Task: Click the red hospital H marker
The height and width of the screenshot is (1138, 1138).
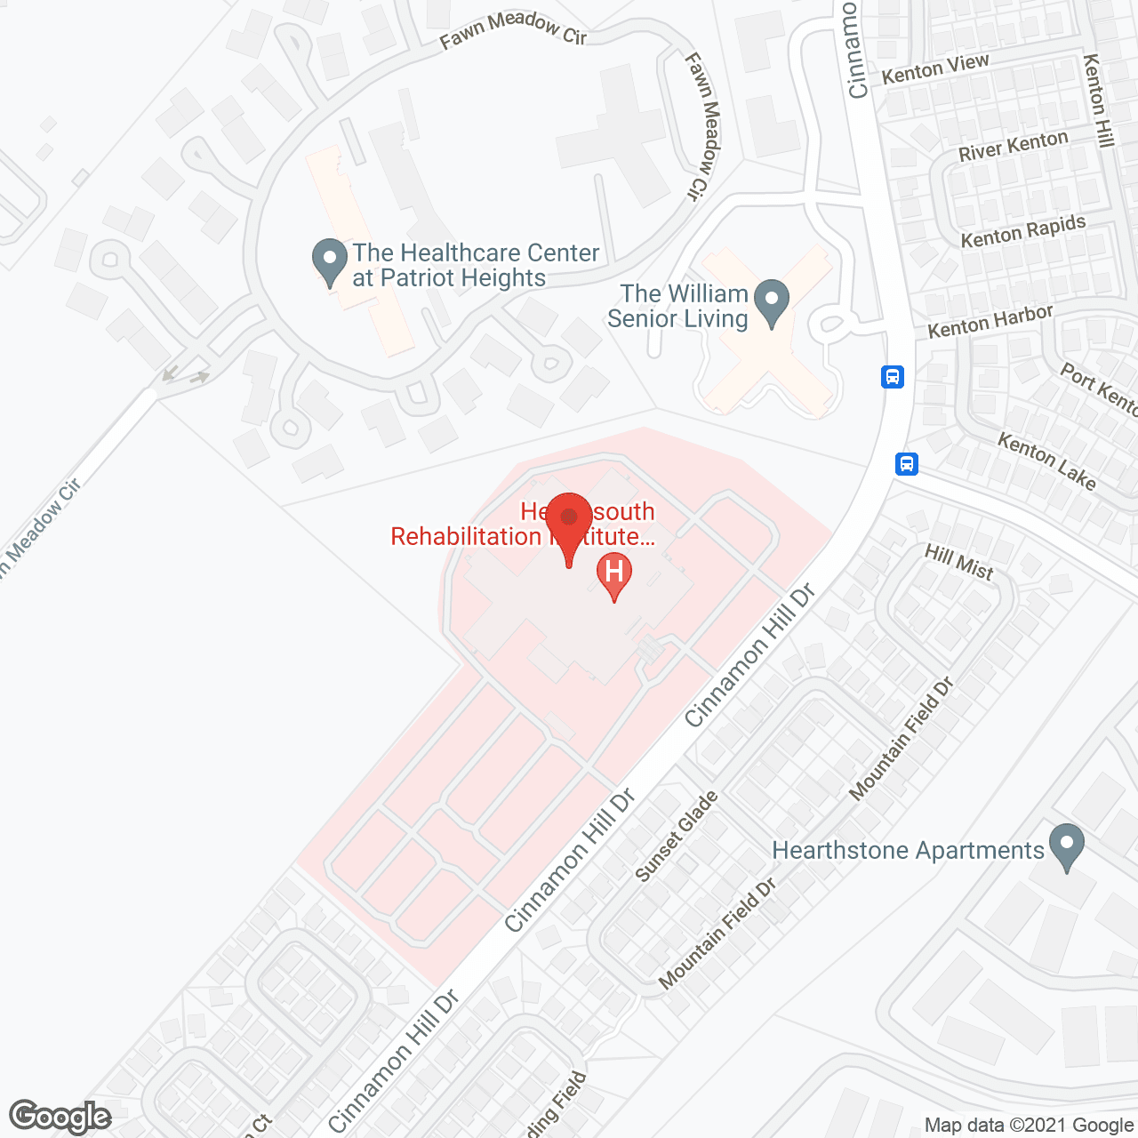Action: (613, 572)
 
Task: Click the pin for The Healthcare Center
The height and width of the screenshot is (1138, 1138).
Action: (330, 260)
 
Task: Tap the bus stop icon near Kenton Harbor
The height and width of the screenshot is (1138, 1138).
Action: (893, 377)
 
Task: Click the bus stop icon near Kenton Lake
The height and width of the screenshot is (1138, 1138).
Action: (906, 463)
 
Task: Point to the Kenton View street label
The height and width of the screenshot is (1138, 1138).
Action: (935, 68)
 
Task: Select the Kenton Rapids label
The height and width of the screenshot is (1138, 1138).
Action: (1023, 231)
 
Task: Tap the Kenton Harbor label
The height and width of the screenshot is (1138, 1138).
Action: (990, 321)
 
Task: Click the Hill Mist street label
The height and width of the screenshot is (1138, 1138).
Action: (958, 562)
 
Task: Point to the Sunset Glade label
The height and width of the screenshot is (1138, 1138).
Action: (677, 837)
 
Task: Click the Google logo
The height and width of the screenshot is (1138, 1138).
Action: (60, 1117)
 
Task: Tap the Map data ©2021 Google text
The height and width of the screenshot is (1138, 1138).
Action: (1029, 1125)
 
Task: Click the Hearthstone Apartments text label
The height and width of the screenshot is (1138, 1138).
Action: (908, 851)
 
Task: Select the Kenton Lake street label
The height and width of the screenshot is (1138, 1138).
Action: (1046, 461)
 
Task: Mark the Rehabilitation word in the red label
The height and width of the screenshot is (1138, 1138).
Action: (466, 537)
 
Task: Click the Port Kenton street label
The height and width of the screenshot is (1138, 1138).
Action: (1099, 389)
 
